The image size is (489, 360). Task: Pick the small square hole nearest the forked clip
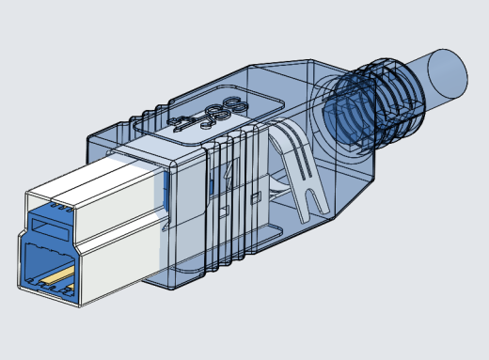[x=258, y=197]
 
